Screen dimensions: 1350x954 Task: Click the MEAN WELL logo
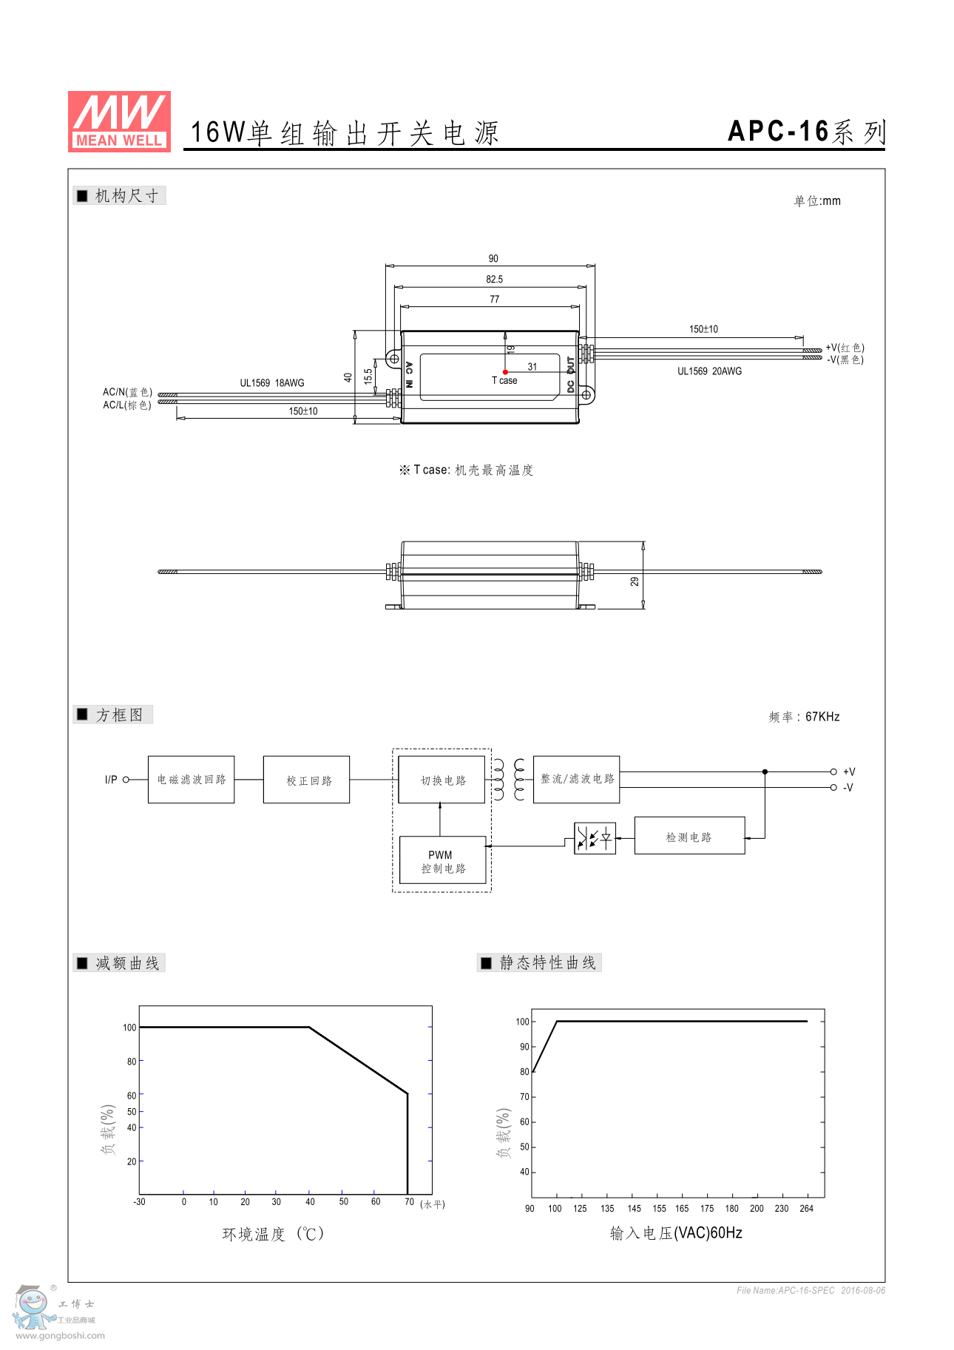(x=119, y=121)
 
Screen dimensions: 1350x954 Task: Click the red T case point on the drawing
(x=505, y=372)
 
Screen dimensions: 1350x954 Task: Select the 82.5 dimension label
(x=494, y=280)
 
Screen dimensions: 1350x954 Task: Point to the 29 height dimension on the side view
(x=635, y=581)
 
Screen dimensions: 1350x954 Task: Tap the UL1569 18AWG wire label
(x=271, y=383)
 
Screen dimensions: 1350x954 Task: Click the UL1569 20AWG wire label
(x=709, y=371)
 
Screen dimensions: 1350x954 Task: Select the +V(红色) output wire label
(x=845, y=348)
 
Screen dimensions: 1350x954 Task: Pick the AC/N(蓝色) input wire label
(x=127, y=392)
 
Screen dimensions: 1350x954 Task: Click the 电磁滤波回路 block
(x=191, y=780)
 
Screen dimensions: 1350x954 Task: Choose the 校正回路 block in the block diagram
(x=306, y=780)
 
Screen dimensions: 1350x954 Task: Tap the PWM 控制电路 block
(x=442, y=861)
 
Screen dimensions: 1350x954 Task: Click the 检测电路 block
(x=689, y=837)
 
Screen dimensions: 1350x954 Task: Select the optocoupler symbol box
(x=595, y=838)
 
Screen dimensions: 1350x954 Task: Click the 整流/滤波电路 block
(x=576, y=779)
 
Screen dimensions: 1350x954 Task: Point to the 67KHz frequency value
(x=822, y=717)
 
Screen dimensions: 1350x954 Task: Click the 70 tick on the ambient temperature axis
(x=409, y=1202)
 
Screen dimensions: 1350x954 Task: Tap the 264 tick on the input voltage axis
(x=806, y=1209)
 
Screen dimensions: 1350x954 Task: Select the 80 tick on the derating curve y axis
(x=132, y=1062)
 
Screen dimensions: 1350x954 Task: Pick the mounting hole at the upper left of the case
(x=394, y=359)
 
